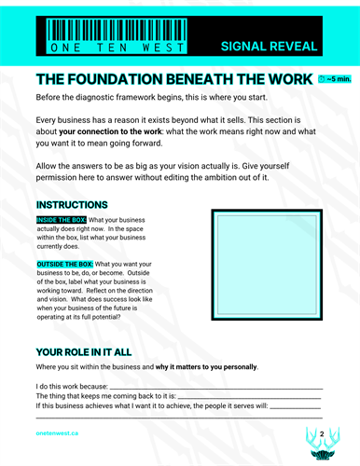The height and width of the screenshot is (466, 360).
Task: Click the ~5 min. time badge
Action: pyautogui.click(x=335, y=80)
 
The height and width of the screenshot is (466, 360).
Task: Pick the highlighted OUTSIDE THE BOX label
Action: pyautogui.click(x=65, y=264)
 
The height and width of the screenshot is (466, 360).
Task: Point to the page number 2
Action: pyautogui.click(x=322, y=434)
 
